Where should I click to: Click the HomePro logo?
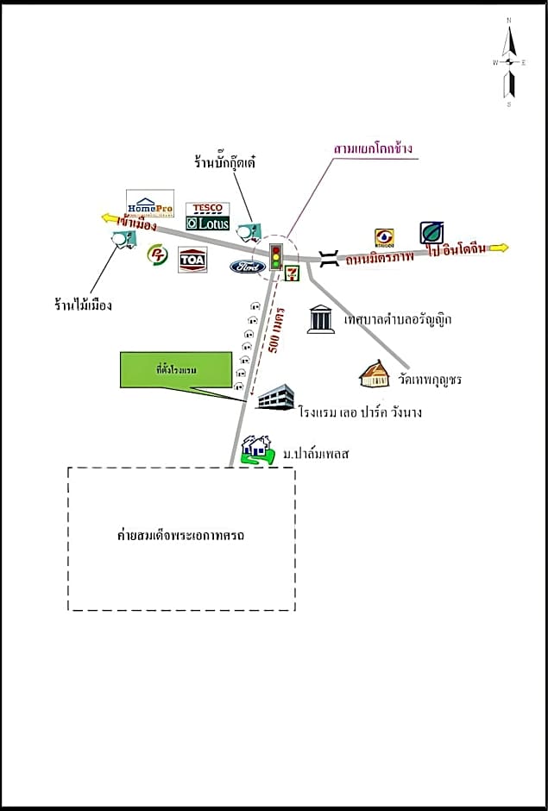[x=150, y=204]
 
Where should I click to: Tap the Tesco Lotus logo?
[x=207, y=217]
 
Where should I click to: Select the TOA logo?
[x=192, y=259]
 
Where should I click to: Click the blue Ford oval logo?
[x=248, y=267]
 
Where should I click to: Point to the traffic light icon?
[x=276, y=255]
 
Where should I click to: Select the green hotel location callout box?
[x=176, y=370]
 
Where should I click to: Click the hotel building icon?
[x=274, y=398]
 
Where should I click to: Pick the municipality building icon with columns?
[x=321, y=318]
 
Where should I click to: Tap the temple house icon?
[x=375, y=374]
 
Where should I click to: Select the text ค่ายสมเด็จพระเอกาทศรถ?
[x=181, y=536]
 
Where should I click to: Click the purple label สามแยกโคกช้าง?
[x=373, y=148]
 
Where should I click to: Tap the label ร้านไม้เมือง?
[x=82, y=305]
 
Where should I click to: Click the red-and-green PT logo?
[x=157, y=256]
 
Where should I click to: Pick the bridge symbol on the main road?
[x=328, y=256]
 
